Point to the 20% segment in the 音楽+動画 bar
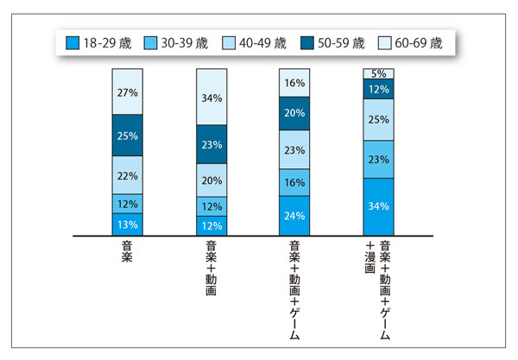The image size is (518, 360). point(212,181)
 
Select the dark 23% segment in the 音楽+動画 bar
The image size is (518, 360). point(212,145)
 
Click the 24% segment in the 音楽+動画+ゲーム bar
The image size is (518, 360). point(294,215)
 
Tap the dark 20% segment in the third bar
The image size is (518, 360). point(294,113)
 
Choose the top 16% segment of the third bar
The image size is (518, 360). point(294,83)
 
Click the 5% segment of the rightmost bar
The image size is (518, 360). point(378,73)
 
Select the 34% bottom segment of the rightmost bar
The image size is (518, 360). point(378,206)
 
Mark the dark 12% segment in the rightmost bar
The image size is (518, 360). point(378,89)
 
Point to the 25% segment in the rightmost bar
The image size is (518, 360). point(378,120)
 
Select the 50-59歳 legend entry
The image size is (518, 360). point(331,43)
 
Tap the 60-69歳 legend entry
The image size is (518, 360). point(407,43)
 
